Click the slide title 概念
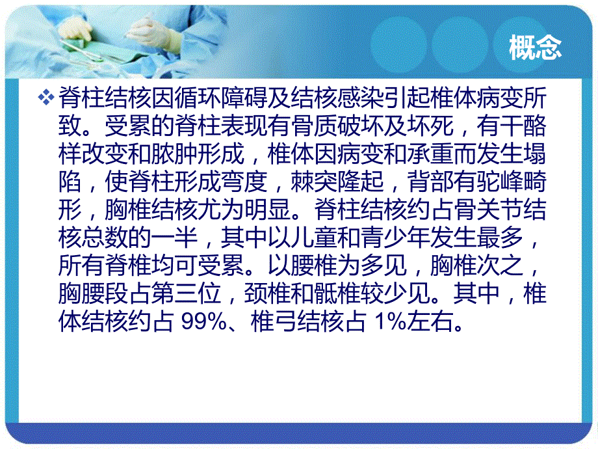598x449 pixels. tap(535, 49)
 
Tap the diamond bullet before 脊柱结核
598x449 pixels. tap(46, 98)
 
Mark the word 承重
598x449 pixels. tap(400, 154)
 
